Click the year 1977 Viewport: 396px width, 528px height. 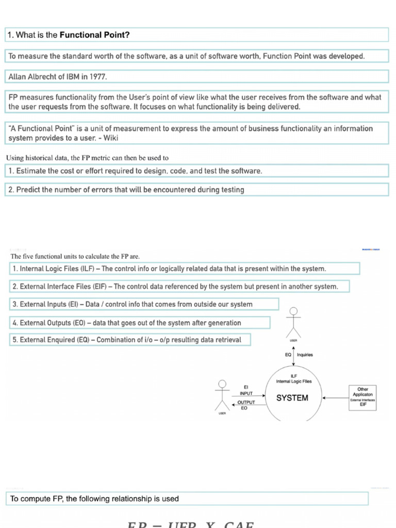coord(98,77)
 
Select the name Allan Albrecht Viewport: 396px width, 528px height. coord(32,77)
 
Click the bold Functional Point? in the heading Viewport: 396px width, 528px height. coord(95,35)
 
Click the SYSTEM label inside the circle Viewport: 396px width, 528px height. coord(292,398)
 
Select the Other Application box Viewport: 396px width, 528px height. coord(362,398)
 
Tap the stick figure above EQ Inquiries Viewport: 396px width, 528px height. coord(294,320)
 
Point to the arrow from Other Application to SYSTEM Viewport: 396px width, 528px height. coord(335,398)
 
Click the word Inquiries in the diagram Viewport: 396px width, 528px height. coord(305,355)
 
